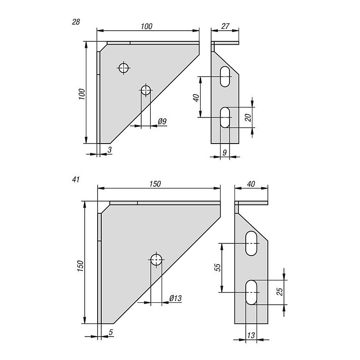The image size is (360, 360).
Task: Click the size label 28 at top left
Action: tap(76, 22)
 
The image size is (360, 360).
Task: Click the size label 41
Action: tap(76, 180)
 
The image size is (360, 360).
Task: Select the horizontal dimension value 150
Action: tap(154, 184)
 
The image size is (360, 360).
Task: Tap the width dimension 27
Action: tap(225, 27)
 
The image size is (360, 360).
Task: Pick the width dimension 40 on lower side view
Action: tap(251, 184)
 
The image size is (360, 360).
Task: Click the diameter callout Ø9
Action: tap(162, 121)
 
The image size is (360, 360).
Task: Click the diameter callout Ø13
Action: tap(175, 298)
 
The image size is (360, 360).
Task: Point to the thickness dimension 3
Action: tap(109, 149)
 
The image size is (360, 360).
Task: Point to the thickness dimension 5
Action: tap(110, 331)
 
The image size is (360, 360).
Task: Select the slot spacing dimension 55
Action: tap(217, 267)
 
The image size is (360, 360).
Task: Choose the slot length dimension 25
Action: tap(279, 292)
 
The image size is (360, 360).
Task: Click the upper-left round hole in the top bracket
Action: tap(124, 68)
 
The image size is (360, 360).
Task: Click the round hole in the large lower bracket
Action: tap(156, 260)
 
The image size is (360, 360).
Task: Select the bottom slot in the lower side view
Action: tap(252, 292)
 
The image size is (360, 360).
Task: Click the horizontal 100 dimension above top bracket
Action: tap(146, 27)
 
